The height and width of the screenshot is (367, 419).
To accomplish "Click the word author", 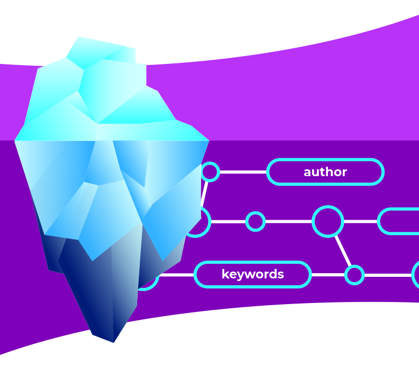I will click(x=325, y=172).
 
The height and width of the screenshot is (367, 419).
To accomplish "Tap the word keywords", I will click(x=252, y=274).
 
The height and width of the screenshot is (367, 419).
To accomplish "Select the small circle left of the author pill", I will click(x=210, y=171).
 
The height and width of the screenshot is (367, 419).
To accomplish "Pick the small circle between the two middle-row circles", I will click(x=256, y=221).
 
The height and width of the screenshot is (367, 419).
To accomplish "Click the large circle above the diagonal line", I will click(x=328, y=221).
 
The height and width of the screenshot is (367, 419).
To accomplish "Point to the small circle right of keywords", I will click(x=355, y=275).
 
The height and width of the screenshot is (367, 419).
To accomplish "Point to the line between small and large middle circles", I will click(x=288, y=221).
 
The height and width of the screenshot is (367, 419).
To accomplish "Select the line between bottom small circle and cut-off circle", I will click(x=388, y=275).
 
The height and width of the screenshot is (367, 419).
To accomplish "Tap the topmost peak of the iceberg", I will click(x=79, y=37).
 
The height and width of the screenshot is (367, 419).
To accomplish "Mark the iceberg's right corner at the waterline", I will click(x=208, y=141).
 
